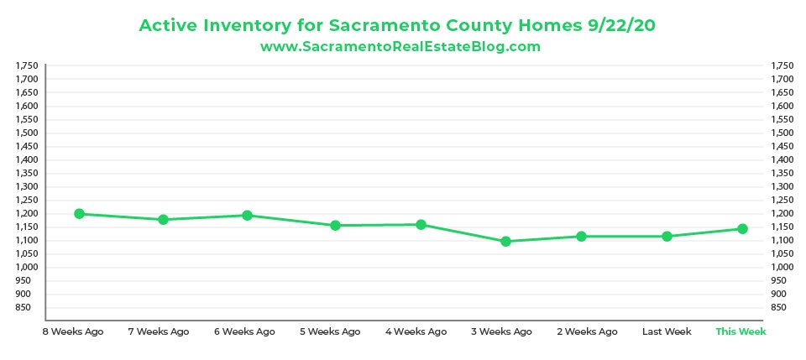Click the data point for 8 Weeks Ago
click(80, 214)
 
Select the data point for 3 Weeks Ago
click(505, 242)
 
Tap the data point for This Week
click(741, 228)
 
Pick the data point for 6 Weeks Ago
click(248, 216)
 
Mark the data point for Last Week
click(667, 237)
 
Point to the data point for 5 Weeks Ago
click(335, 226)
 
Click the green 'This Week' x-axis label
click(741, 331)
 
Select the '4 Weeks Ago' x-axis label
click(416, 331)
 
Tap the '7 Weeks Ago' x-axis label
click(159, 331)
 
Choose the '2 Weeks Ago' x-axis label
click(587, 331)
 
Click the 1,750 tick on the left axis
click(28, 65)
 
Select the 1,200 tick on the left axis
click(28, 213)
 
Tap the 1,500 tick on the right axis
click(781, 133)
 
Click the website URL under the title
click(400, 47)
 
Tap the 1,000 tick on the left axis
click(28, 267)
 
